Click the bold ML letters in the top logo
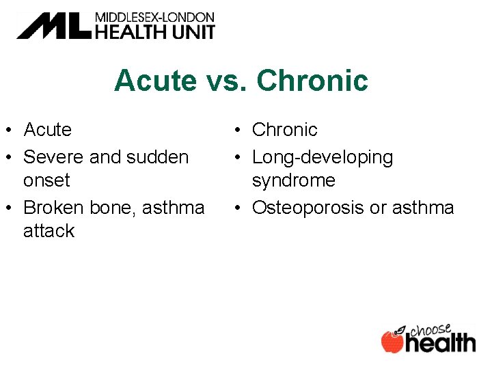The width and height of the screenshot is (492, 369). tap(53, 26)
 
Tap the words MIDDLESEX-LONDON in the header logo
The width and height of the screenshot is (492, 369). tap(154, 17)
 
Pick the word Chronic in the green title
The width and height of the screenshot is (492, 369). tap(312, 81)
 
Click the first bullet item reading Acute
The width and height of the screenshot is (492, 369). tap(47, 129)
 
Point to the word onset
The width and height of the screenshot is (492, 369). tap(46, 180)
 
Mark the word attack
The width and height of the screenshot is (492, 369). tap(49, 231)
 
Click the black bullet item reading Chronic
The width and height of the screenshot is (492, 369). tap(285, 129)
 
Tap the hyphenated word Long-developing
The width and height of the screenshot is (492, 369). tap(323, 157)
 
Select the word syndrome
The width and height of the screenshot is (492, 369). tap(294, 180)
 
